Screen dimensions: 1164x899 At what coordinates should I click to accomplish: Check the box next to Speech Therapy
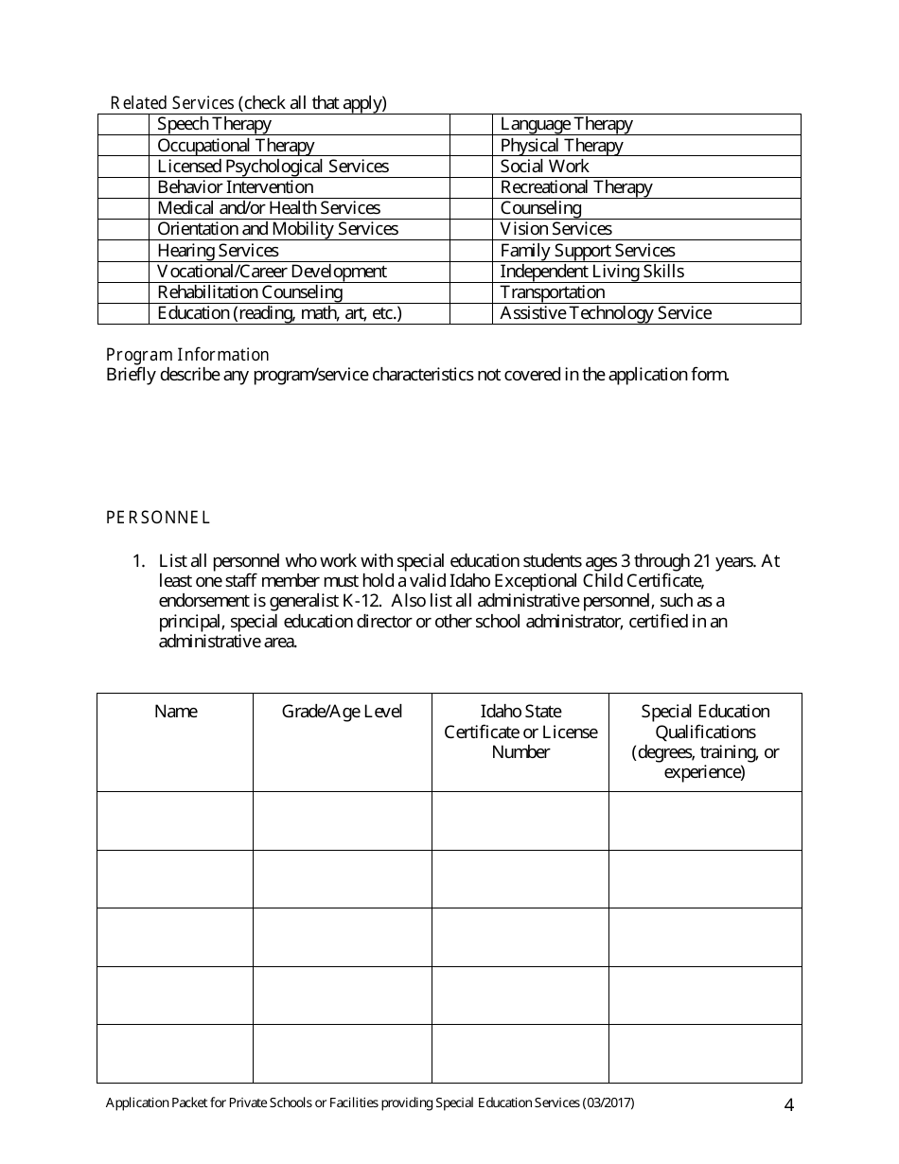coord(123,124)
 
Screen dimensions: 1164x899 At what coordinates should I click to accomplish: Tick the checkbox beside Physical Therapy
coord(470,145)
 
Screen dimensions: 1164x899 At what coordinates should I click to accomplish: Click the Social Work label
coord(544,167)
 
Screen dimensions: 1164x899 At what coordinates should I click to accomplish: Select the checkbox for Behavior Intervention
coord(123,187)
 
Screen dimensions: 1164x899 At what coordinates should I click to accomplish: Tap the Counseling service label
coord(540,208)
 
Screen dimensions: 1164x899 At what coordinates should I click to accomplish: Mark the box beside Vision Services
coord(470,229)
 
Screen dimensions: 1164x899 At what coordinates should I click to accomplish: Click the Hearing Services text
coord(218,251)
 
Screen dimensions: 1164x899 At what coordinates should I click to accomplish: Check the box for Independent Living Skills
coord(470,272)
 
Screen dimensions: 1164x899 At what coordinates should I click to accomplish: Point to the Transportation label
coord(552,292)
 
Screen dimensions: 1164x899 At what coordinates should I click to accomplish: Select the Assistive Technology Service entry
coord(606,313)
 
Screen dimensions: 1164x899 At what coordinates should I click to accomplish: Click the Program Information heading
coord(187,355)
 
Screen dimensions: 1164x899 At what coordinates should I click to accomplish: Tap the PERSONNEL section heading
coord(158,518)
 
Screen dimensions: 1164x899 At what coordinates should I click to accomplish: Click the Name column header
coord(175,712)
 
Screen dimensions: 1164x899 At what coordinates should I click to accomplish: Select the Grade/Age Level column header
coord(342,712)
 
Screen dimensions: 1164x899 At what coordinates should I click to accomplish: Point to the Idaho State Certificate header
coord(520,732)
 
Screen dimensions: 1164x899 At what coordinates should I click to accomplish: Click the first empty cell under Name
coord(175,820)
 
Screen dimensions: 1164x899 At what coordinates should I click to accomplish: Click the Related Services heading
coord(172,103)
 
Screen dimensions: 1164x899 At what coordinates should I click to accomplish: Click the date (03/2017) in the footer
coord(608,1102)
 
